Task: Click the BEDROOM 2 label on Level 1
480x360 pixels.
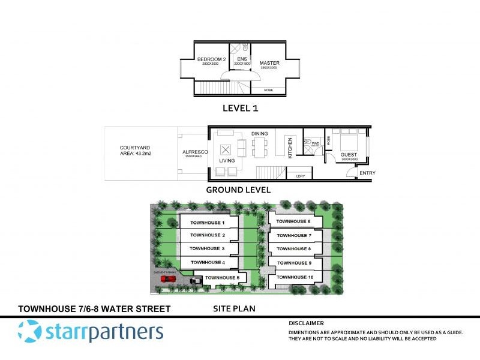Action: coord(211,59)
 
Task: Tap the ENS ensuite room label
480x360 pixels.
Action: coord(242,59)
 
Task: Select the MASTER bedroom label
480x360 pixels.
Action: coord(269,62)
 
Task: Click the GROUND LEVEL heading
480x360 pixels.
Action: coord(238,190)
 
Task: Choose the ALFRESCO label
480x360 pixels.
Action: coord(194,152)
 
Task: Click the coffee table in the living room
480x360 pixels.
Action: coord(226,150)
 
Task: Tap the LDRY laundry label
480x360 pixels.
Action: coord(299,176)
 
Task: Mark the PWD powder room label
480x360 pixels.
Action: coord(315,143)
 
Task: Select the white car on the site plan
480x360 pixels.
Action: coord(196,280)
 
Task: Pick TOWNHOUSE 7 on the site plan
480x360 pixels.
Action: coord(293,235)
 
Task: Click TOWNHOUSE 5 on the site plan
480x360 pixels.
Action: coord(222,278)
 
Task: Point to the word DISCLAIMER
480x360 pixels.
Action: coord(306,323)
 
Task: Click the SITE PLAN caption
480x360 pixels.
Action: coord(235,309)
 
